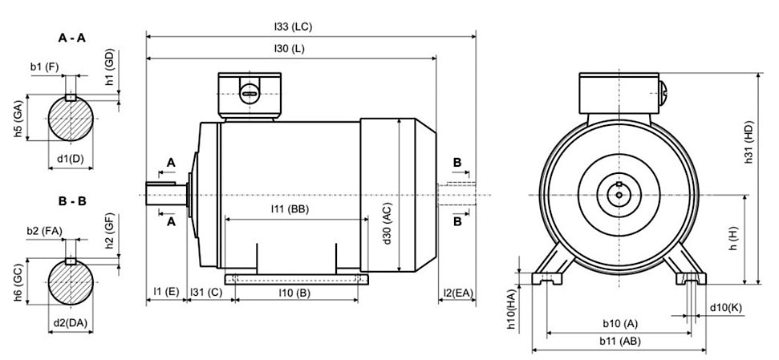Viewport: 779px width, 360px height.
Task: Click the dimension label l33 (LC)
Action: pyautogui.click(x=292, y=26)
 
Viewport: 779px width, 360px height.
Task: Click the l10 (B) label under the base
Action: pyautogui.click(x=294, y=293)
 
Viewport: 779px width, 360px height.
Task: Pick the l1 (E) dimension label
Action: pyautogui.click(x=166, y=293)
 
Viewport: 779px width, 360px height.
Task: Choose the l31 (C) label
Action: pyautogui.click(x=205, y=293)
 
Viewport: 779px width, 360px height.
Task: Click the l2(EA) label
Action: pyautogui.click(x=459, y=293)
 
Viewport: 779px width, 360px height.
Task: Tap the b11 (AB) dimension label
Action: pyautogui.click(x=619, y=341)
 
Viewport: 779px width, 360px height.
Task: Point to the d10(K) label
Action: pyautogui.click(x=725, y=308)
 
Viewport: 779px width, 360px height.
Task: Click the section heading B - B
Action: pyautogui.click(x=72, y=201)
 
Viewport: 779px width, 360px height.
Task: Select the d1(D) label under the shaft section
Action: pyautogui.click(x=70, y=158)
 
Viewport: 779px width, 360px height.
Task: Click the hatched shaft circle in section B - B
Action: pyautogui.click(x=71, y=282)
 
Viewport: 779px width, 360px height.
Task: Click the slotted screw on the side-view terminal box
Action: pyautogui.click(x=250, y=95)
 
